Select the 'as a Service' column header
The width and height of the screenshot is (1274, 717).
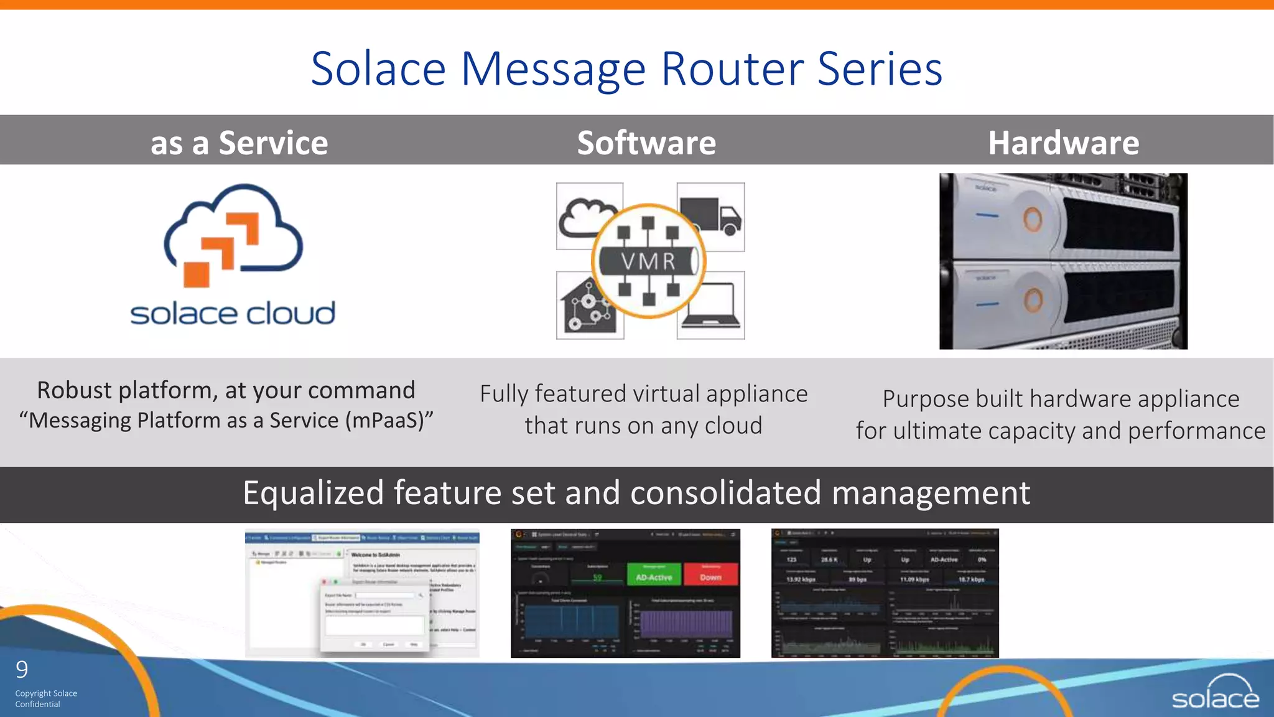click(239, 143)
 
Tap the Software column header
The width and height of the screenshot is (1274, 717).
click(646, 143)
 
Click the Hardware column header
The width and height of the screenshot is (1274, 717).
click(1063, 143)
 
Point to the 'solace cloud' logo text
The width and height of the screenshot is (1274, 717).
click(233, 314)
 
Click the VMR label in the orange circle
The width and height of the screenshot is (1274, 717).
click(648, 261)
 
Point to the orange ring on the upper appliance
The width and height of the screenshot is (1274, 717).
click(1033, 219)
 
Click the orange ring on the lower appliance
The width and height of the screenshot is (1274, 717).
click(1033, 301)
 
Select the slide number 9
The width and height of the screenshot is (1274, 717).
click(22, 670)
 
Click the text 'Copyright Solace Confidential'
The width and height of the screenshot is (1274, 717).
click(45, 698)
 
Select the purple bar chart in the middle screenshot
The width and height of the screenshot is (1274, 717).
click(687, 622)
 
